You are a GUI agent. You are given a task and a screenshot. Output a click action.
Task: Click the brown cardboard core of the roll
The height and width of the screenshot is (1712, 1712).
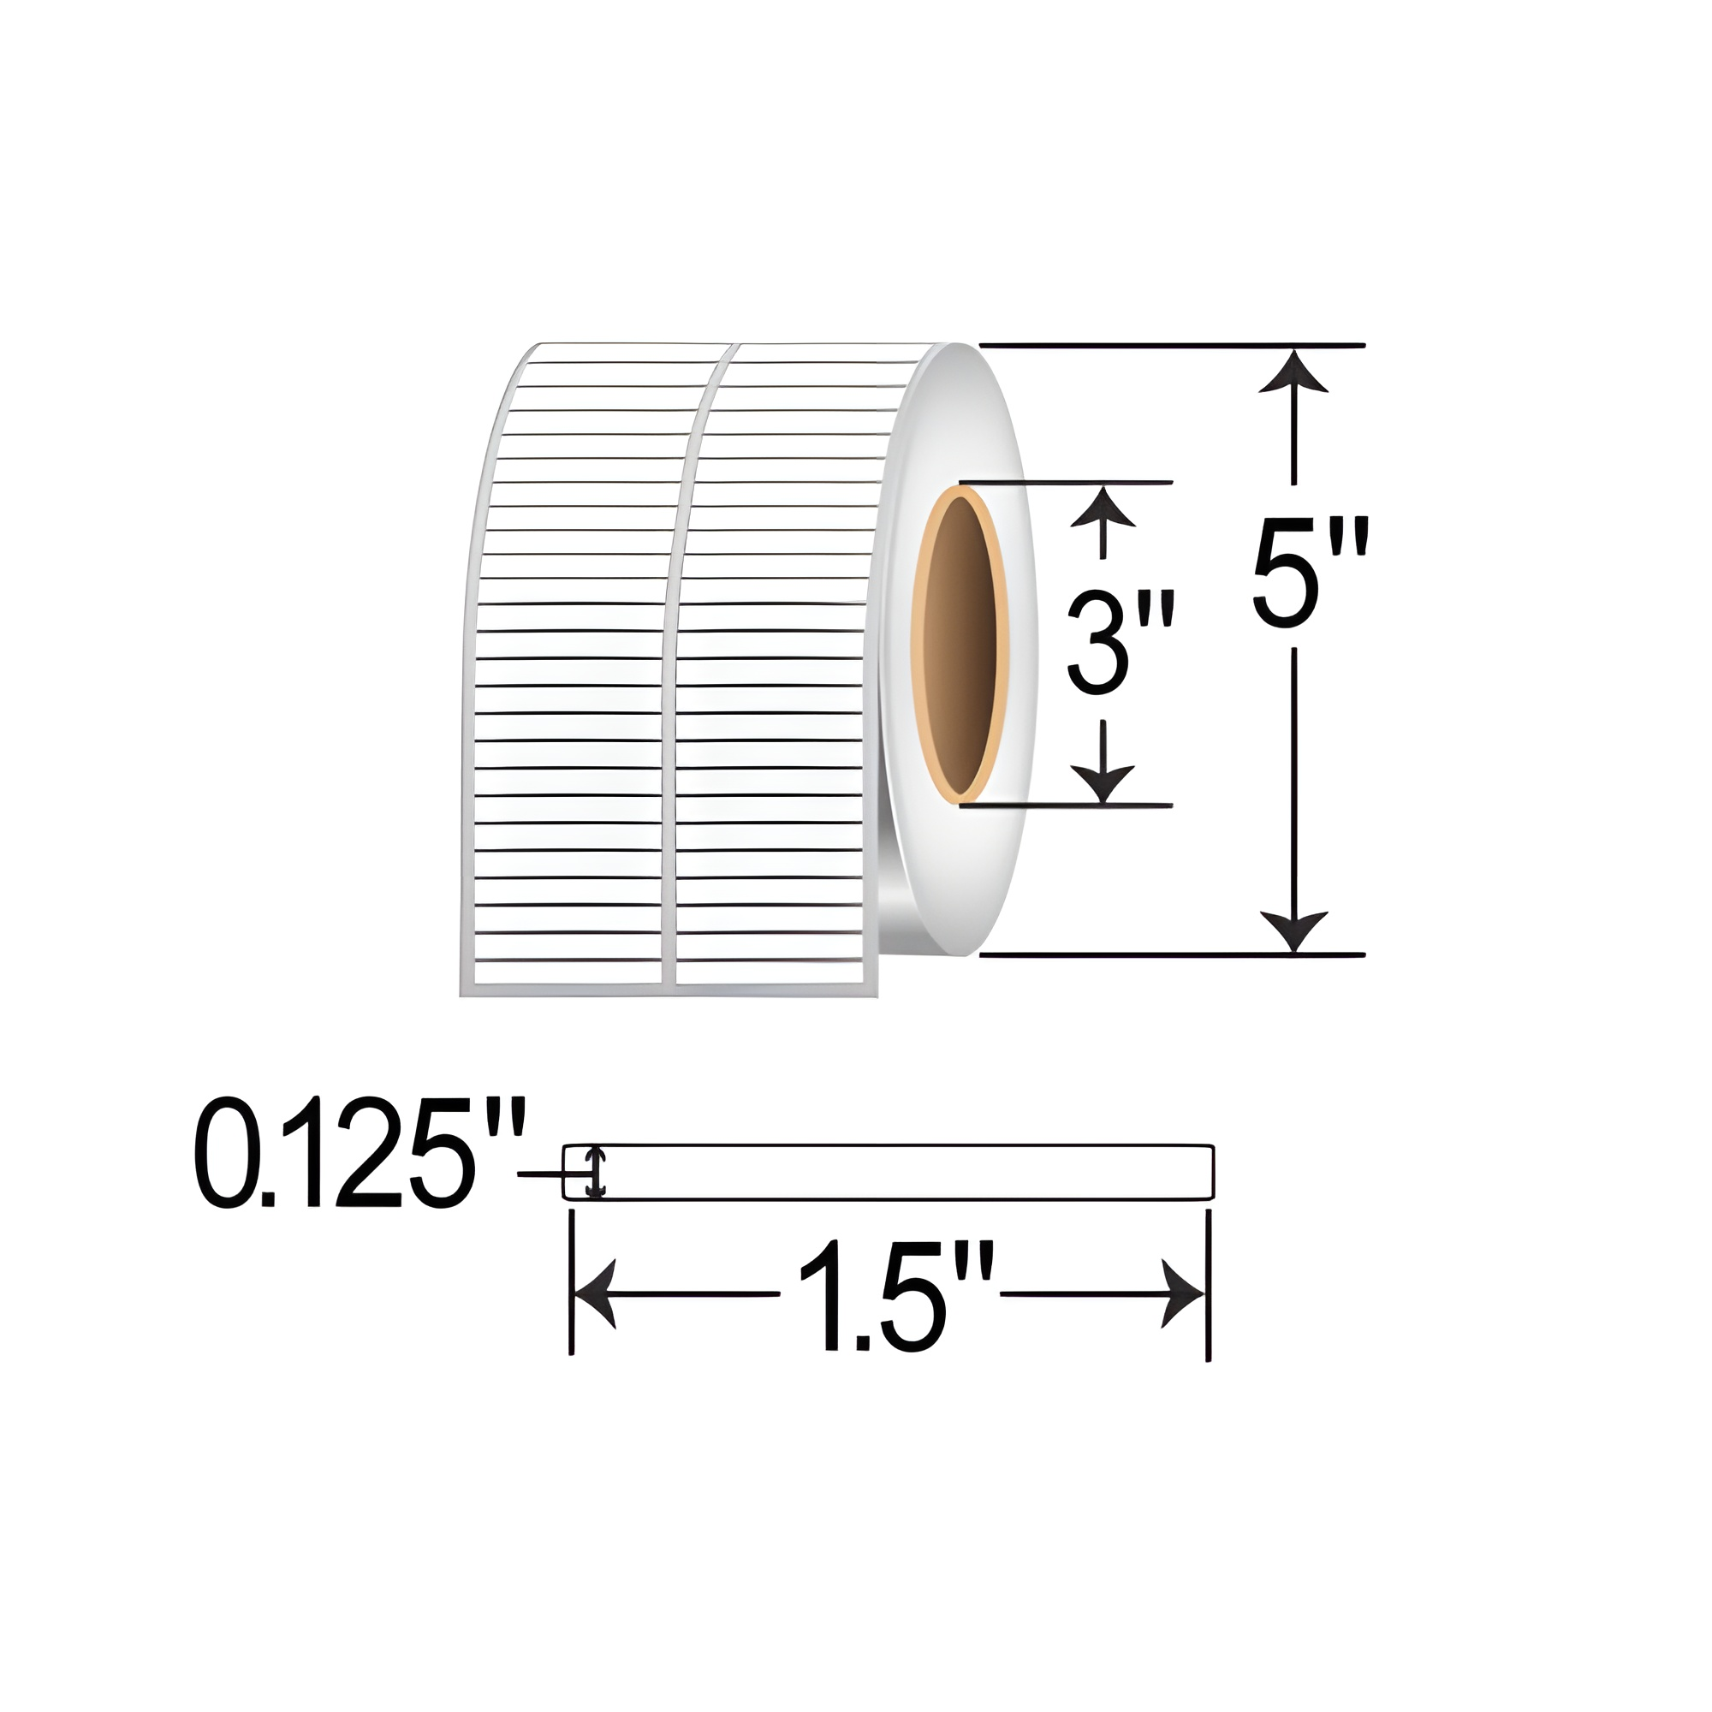[964, 645]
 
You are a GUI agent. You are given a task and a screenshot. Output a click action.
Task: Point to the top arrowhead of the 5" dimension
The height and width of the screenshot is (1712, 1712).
[1294, 372]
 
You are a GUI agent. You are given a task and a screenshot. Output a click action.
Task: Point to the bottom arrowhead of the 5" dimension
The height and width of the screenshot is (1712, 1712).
[1294, 930]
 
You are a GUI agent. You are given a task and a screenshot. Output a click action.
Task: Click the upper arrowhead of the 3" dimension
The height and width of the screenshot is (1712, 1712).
[1103, 507]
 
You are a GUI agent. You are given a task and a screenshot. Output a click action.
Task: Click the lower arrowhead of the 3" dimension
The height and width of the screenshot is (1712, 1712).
[1103, 782]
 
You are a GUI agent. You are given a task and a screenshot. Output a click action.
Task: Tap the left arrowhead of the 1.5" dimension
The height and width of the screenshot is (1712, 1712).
[596, 1293]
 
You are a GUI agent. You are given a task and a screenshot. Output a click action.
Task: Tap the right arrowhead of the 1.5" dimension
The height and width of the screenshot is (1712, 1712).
[1182, 1293]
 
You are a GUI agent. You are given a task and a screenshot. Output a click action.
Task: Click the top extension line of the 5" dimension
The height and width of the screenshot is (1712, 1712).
[1169, 345]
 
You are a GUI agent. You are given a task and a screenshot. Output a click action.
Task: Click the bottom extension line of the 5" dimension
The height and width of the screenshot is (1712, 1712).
[1169, 954]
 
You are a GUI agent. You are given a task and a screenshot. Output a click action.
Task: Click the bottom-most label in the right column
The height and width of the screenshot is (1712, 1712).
[770, 972]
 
